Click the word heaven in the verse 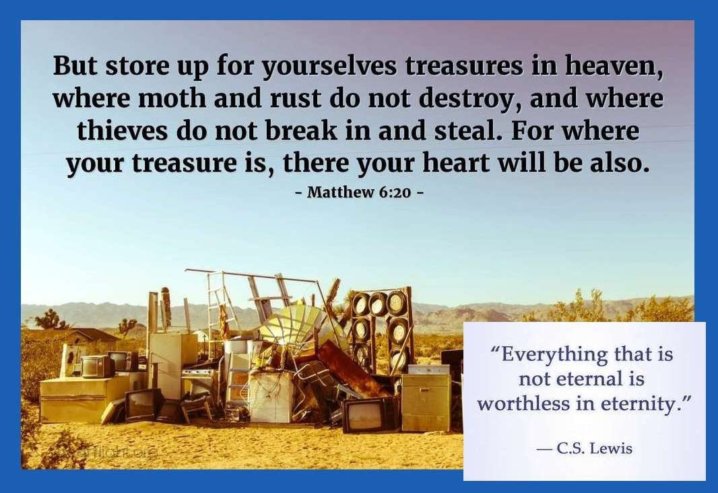[x=614, y=66]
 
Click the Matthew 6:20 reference [x=359, y=192]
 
